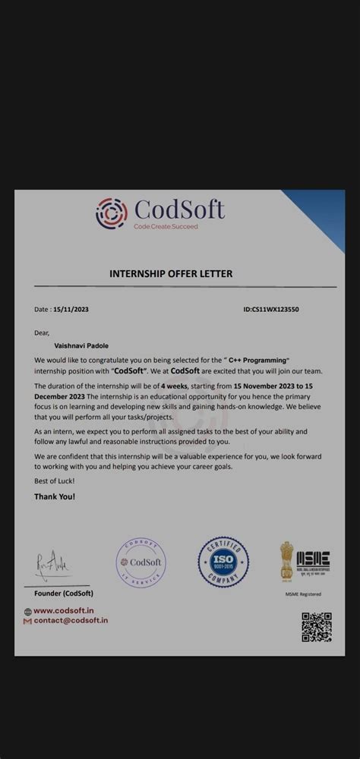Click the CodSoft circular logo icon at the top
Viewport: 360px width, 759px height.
[x=112, y=213]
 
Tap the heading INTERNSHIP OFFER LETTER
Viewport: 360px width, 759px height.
[x=171, y=273]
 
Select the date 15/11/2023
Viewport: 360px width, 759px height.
[x=71, y=310]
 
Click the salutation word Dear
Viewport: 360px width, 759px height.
[x=42, y=332]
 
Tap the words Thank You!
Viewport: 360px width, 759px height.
[x=55, y=496]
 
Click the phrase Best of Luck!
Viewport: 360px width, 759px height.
[x=55, y=482]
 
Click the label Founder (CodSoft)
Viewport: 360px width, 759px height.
[x=64, y=593]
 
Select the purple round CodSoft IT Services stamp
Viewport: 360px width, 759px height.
[x=141, y=562]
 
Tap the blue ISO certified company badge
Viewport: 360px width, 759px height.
[x=223, y=562]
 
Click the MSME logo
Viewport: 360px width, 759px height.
[x=313, y=562]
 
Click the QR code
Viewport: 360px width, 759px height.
[x=316, y=627]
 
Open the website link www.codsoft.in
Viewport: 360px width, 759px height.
[x=63, y=610]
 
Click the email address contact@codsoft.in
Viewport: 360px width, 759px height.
[x=70, y=620]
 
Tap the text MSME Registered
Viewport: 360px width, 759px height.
[x=303, y=594]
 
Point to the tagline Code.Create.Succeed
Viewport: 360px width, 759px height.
[x=166, y=226]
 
